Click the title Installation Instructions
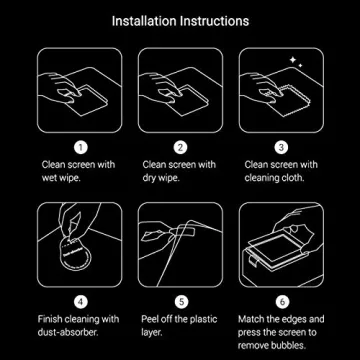[x=180, y=20]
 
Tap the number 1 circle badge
[x=81, y=147]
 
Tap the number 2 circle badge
[x=180, y=147]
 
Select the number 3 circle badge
[x=280, y=147]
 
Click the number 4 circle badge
[x=81, y=300]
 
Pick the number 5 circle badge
[x=180, y=300]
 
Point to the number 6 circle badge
[x=280, y=300]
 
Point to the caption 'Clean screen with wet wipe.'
[x=78, y=170]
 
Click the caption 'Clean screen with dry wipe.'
[x=179, y=170]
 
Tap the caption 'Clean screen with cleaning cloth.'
[x=280, y=170]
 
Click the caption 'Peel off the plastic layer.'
[x=179, y=324]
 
